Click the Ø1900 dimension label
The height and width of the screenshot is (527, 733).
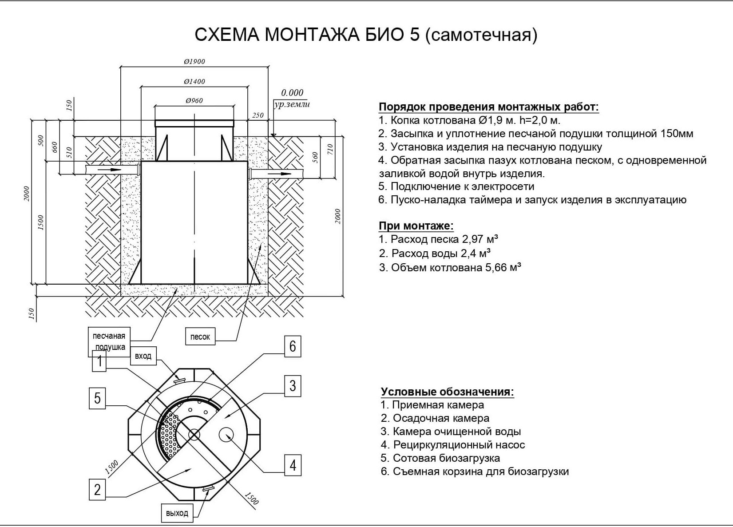194,61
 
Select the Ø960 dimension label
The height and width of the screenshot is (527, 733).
194,100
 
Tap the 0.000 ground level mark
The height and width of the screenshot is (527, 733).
292,93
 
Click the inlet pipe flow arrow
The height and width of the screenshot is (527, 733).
109,170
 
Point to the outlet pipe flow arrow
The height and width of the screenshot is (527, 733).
280,173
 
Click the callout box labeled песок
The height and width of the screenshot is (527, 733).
200,337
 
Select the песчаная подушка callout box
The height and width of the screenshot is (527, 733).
109,341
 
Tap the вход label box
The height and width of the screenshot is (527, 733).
143,356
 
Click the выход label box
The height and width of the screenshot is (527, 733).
177,513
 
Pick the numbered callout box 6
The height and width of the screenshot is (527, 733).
293,346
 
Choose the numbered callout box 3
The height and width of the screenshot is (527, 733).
293,385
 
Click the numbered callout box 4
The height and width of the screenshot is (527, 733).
293,465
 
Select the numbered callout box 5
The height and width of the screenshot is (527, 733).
97,398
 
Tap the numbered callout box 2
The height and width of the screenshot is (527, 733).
97,490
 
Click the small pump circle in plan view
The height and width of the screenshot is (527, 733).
226,434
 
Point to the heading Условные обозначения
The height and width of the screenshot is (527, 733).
447,392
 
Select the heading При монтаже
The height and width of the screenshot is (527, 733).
416,226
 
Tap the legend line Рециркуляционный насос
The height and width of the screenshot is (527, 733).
459,444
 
